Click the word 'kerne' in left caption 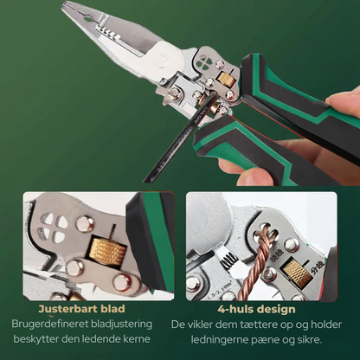136,337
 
